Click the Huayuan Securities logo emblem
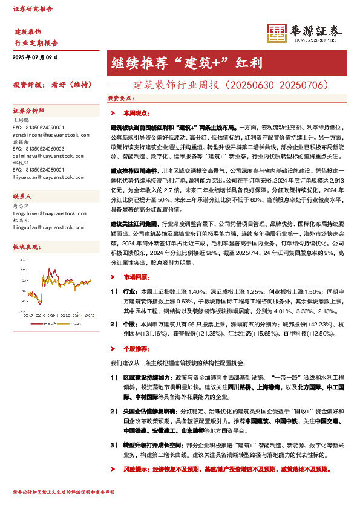pos(278,33)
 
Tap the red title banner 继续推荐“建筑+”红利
pos(186,62)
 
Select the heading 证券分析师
pos(28,112)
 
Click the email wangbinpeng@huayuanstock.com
pos(48,134)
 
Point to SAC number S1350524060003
pos(38,148)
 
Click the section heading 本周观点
pos(135,113)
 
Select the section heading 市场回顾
pos(135,277)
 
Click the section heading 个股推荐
pos(135,349)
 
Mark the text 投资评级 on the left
pos(24,84)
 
